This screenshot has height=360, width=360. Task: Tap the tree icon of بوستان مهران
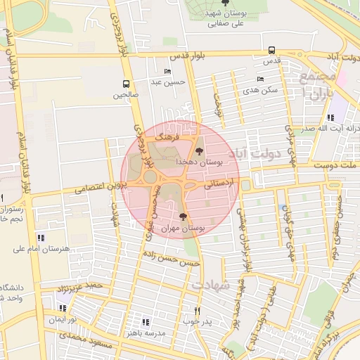coord(184,217)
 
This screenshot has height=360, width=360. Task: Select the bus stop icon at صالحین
coord(126,83)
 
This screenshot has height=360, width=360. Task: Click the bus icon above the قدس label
coord(271,50)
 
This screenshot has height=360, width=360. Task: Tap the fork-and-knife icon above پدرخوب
coord(197,311)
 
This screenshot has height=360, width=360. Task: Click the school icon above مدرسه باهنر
coord(146,321)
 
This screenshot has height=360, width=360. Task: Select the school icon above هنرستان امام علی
coord(39,238)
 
